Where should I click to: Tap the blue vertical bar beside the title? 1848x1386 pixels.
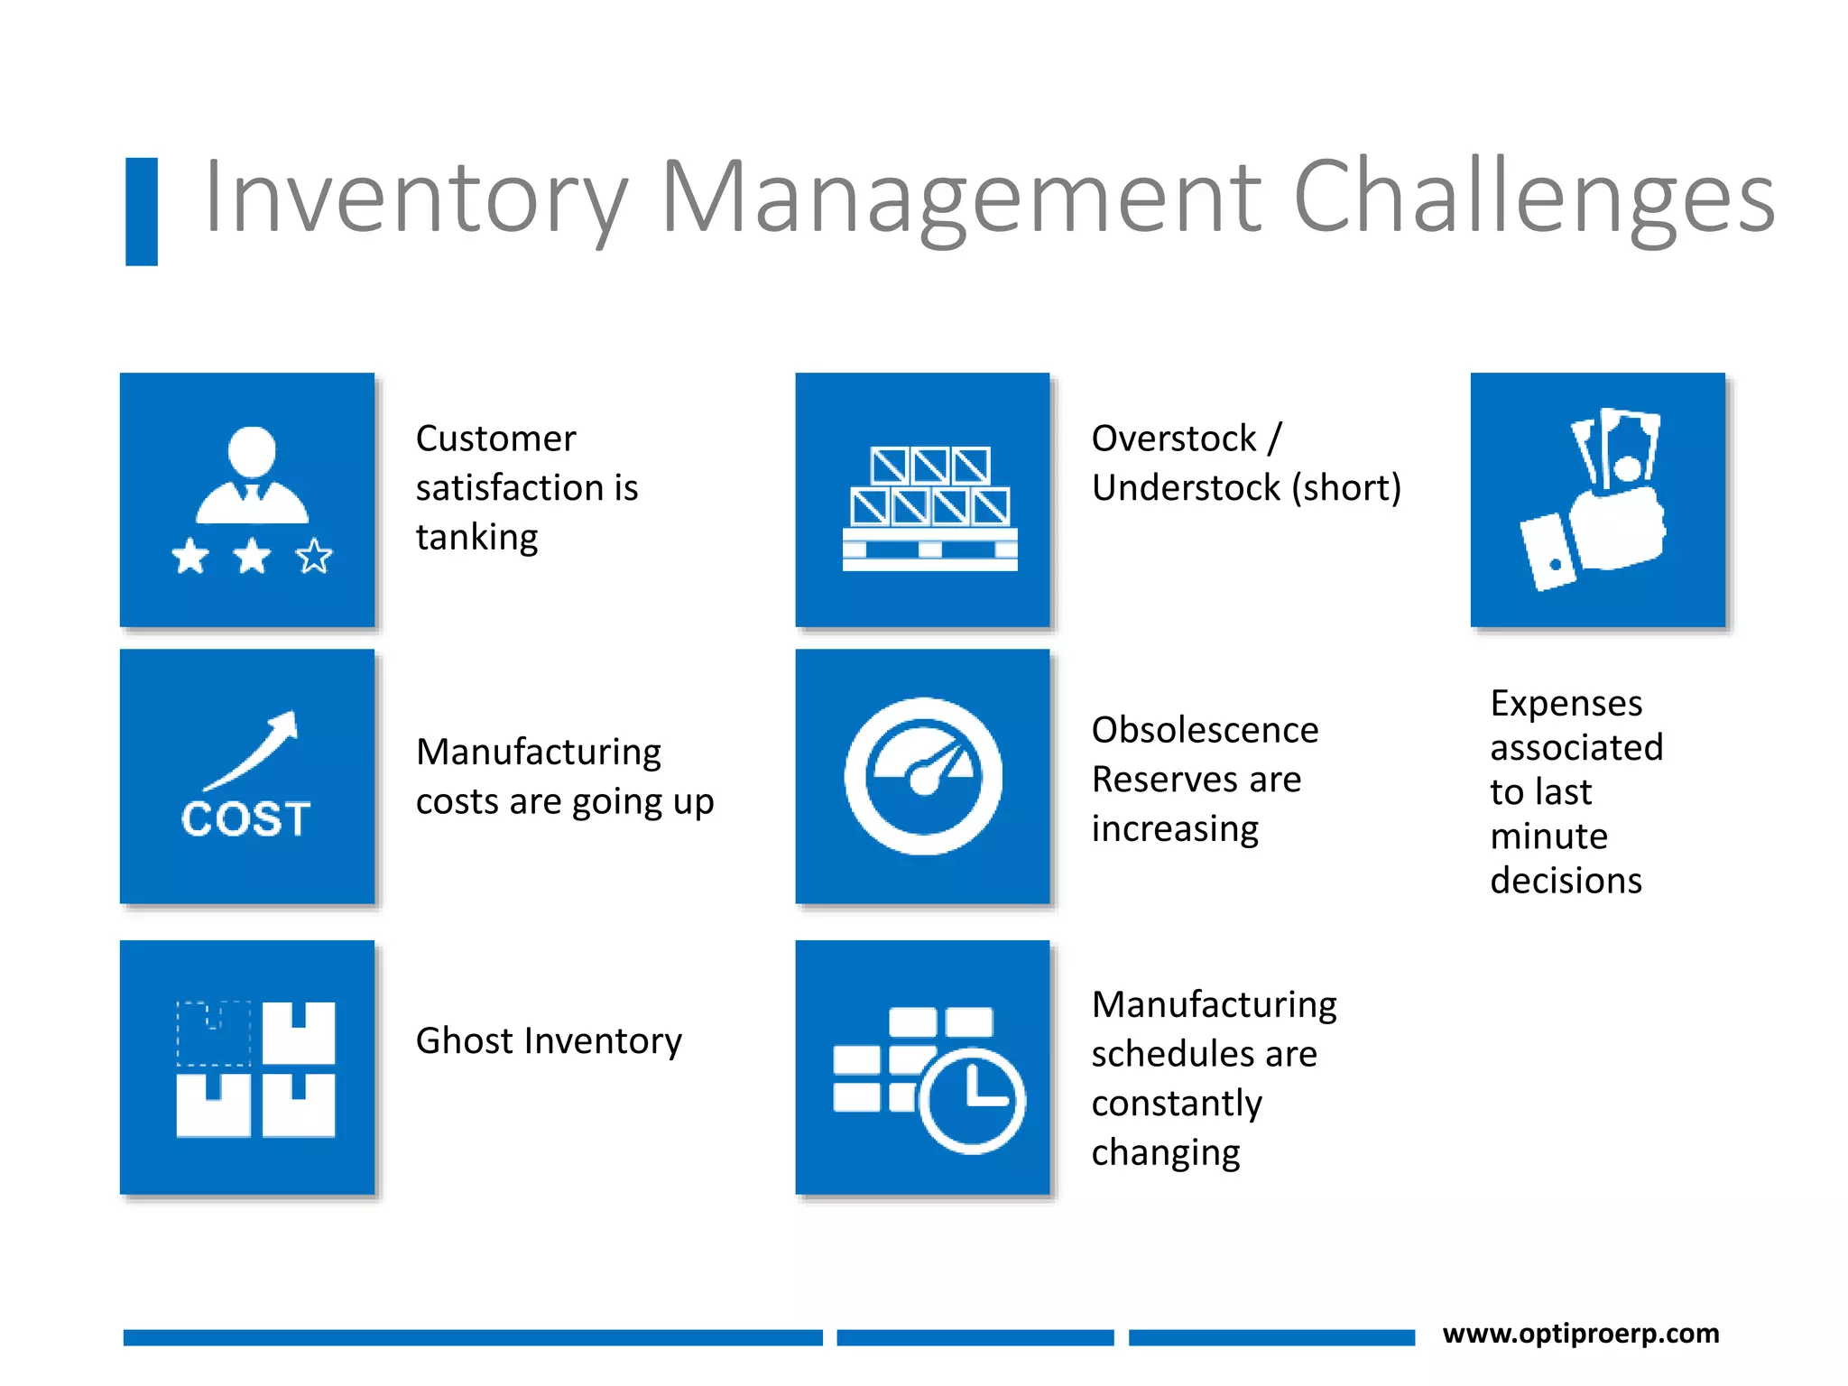pos(142,212)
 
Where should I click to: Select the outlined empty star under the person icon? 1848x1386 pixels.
pos(314,557)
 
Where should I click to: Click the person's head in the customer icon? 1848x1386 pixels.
pos(252,450)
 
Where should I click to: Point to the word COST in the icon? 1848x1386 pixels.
pos(245,819)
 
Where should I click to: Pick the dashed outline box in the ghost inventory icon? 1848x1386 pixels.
pos(214,1033)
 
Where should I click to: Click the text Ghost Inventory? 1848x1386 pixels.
pos(549,1040)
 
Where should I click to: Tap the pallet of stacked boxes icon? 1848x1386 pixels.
pos(929,508)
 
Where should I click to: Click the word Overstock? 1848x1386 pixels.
pos(1173,439)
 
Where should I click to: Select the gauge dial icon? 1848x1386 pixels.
pos(922,776)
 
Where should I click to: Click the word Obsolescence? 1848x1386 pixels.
pos(1205,730)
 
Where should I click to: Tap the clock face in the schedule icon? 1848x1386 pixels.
pos(973,1101)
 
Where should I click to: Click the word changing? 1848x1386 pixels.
pos(1166,1153)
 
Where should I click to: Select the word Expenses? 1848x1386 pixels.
pos(1566,703)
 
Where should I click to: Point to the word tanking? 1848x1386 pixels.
pos(476,538)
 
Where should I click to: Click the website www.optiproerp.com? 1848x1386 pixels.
pos(1580,1333)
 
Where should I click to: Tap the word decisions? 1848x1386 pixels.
pos(1566,881)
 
